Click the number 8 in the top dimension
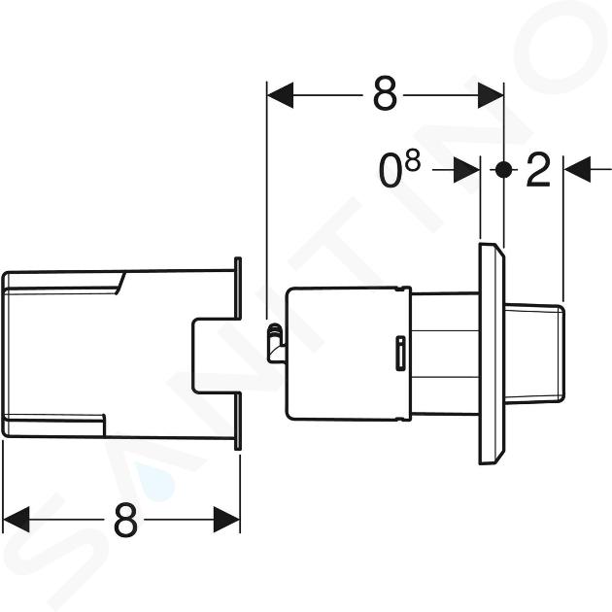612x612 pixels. coord(385,93)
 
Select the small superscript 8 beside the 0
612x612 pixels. coord(413,161)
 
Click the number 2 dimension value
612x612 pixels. coord(538,169)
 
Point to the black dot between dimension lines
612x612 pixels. coord(503,170)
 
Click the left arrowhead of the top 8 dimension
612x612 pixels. coord(280,95)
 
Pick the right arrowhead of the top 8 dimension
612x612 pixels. coord(491,95)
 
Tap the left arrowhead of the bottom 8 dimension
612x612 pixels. coord(16,519)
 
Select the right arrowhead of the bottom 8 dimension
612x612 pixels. coord(226,519)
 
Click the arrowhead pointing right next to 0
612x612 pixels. coord(467,170)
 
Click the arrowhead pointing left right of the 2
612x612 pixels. coord(577,169)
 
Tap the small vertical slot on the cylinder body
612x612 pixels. coord(400,353)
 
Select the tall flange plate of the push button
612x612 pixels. coord(492,354)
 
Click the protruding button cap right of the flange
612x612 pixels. coord(534,354)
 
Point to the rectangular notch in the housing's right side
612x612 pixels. coord(215,356)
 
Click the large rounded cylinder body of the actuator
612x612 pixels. coord(349,354)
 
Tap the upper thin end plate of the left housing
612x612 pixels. coord(238,289)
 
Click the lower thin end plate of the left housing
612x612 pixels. coord(238,422)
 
